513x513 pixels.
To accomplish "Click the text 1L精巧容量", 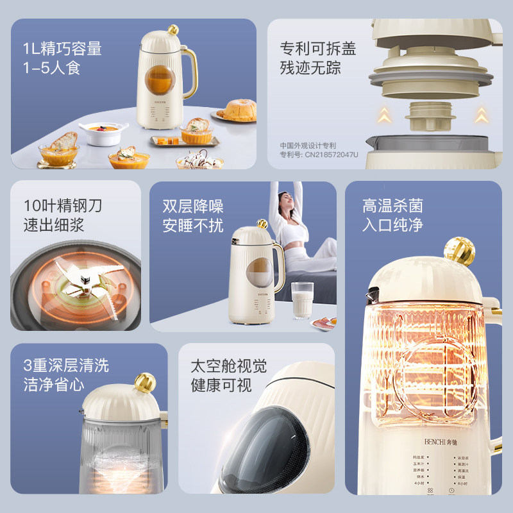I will [x=62, y=49].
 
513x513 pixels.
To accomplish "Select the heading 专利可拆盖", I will [x=317, y=49].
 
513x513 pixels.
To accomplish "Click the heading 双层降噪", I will [x=193, y=206].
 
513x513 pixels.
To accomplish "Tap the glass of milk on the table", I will [x=302, y=300].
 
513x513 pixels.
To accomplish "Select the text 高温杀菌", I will [x=392, y=206].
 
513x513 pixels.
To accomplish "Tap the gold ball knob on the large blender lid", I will [x=459, y=251].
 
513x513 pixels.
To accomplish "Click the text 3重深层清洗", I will [x=66, y=366].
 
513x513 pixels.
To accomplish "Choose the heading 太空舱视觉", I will [x=228, y=366].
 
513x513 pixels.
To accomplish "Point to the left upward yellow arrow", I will [x=383, y=115].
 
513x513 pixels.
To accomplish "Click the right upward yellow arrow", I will [x=480, y=115].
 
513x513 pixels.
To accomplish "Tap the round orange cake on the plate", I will [x=236, y=111].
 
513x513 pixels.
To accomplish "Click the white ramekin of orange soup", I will [x=103, y=133].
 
